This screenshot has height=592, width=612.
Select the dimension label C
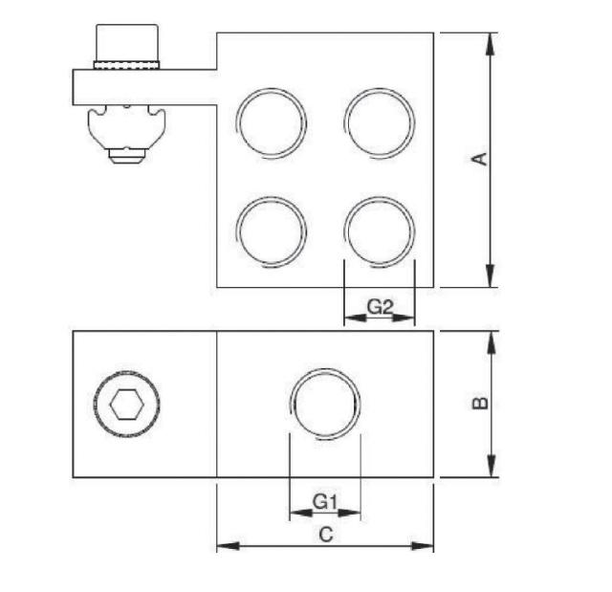pyautogui.click(x=325, y=535)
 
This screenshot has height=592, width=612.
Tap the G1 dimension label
pyautogui.click(x=325, y=501)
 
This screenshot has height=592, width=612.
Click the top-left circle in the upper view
pyautogui.click(x=272, y=121)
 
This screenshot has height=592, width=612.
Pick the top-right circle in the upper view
pyautogui.click(x=380, y=121)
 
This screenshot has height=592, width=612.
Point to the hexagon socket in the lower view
pyautogui.click(x=127, y=405)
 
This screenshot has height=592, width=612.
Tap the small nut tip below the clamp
pyautogui.click(x=126, y=154)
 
